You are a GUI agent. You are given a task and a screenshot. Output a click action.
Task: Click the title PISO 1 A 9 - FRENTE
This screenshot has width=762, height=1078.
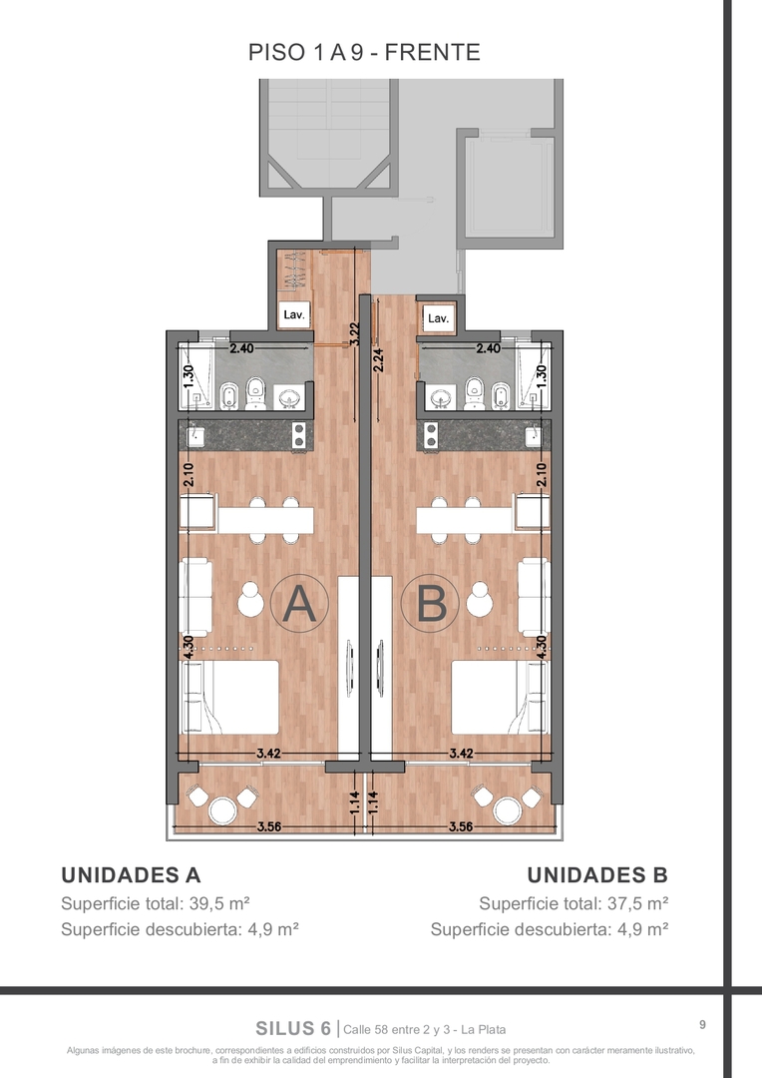364,52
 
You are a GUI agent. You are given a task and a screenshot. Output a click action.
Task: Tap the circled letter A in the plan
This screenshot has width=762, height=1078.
299,604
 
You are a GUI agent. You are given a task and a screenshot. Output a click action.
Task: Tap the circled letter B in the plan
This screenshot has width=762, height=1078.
431,604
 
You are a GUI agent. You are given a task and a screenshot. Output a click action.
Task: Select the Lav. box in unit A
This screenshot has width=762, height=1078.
295,314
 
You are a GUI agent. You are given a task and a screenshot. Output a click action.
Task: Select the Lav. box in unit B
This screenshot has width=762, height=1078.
439,318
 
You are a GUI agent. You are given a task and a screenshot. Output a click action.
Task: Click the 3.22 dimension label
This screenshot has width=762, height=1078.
354,334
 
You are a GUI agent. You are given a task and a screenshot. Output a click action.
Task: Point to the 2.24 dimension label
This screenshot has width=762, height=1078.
378,360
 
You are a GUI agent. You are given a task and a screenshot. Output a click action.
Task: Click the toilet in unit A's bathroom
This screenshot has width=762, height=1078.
254,393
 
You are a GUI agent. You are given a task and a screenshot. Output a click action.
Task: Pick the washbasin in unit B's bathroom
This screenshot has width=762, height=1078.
440,396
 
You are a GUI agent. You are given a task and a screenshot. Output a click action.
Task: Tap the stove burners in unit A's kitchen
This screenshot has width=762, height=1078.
299,435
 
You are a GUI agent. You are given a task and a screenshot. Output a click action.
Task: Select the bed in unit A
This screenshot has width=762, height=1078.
229,697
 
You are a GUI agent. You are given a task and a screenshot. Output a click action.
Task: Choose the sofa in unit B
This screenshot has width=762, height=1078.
534,597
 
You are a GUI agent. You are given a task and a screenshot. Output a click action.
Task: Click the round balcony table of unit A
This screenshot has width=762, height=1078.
222,809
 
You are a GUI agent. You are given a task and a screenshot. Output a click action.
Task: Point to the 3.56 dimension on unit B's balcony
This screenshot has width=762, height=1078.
461,826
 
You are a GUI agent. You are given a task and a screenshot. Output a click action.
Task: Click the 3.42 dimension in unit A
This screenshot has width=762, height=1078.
268,753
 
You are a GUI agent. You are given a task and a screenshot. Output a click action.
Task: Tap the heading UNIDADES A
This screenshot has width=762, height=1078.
131,874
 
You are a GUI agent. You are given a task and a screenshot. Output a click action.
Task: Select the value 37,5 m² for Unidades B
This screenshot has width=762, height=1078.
637,902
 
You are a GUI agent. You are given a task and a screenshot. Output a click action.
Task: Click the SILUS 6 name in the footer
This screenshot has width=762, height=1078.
293,1028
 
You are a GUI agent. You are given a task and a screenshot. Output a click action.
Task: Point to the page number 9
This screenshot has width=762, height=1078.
702,1024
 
